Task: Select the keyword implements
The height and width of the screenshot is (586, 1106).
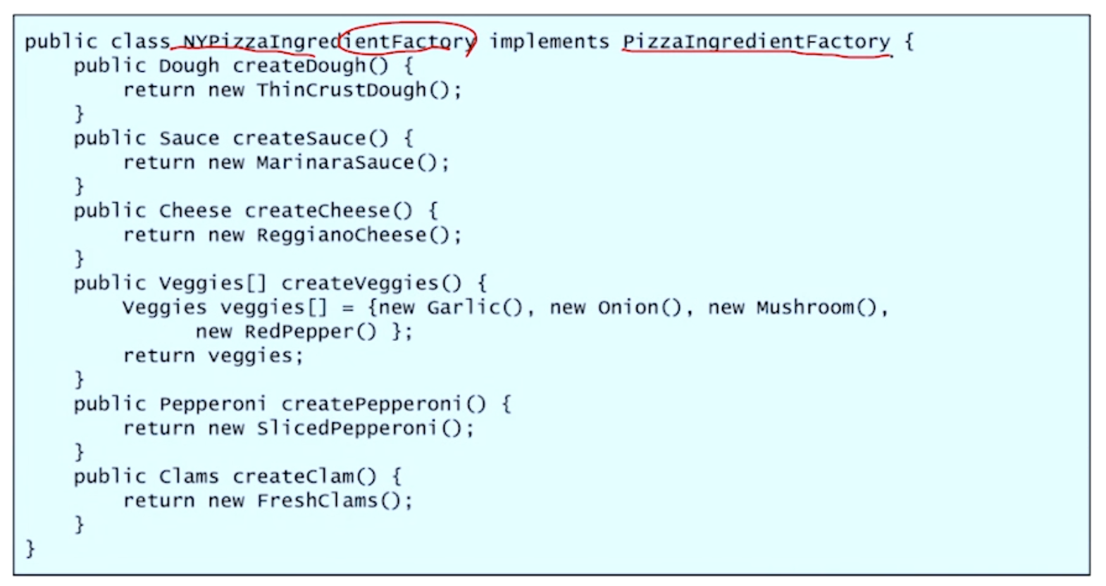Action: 549,42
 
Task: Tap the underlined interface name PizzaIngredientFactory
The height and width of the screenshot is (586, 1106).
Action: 756,42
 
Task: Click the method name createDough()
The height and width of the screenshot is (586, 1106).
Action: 310,66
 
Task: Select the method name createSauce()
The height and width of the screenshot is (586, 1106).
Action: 310,138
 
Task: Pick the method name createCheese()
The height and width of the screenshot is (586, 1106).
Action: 328,211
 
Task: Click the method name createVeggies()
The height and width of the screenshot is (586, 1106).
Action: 371,283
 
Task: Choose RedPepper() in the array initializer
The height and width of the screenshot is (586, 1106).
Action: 310,332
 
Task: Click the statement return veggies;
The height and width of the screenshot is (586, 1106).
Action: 213,356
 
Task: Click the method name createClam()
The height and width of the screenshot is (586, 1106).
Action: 304,477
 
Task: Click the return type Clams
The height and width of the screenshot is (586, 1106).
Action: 189,477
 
